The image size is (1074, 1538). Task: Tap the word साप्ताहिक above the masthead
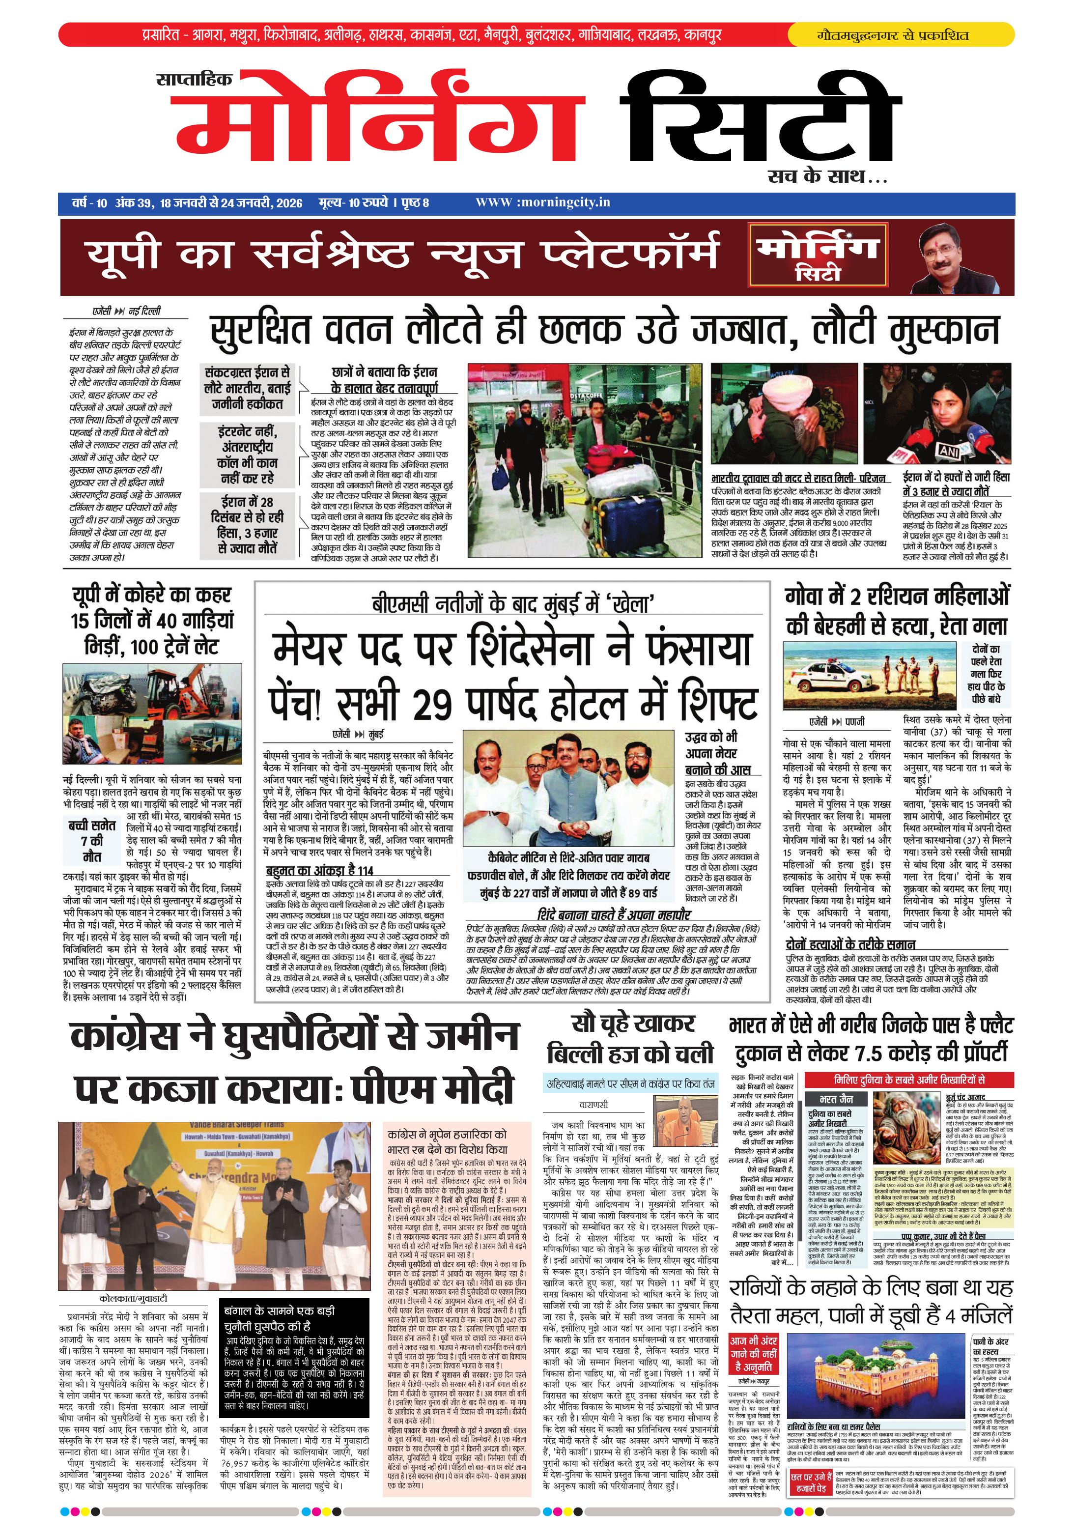194,80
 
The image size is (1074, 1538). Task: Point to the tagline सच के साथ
827,177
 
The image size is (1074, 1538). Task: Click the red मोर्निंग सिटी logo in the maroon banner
817,257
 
